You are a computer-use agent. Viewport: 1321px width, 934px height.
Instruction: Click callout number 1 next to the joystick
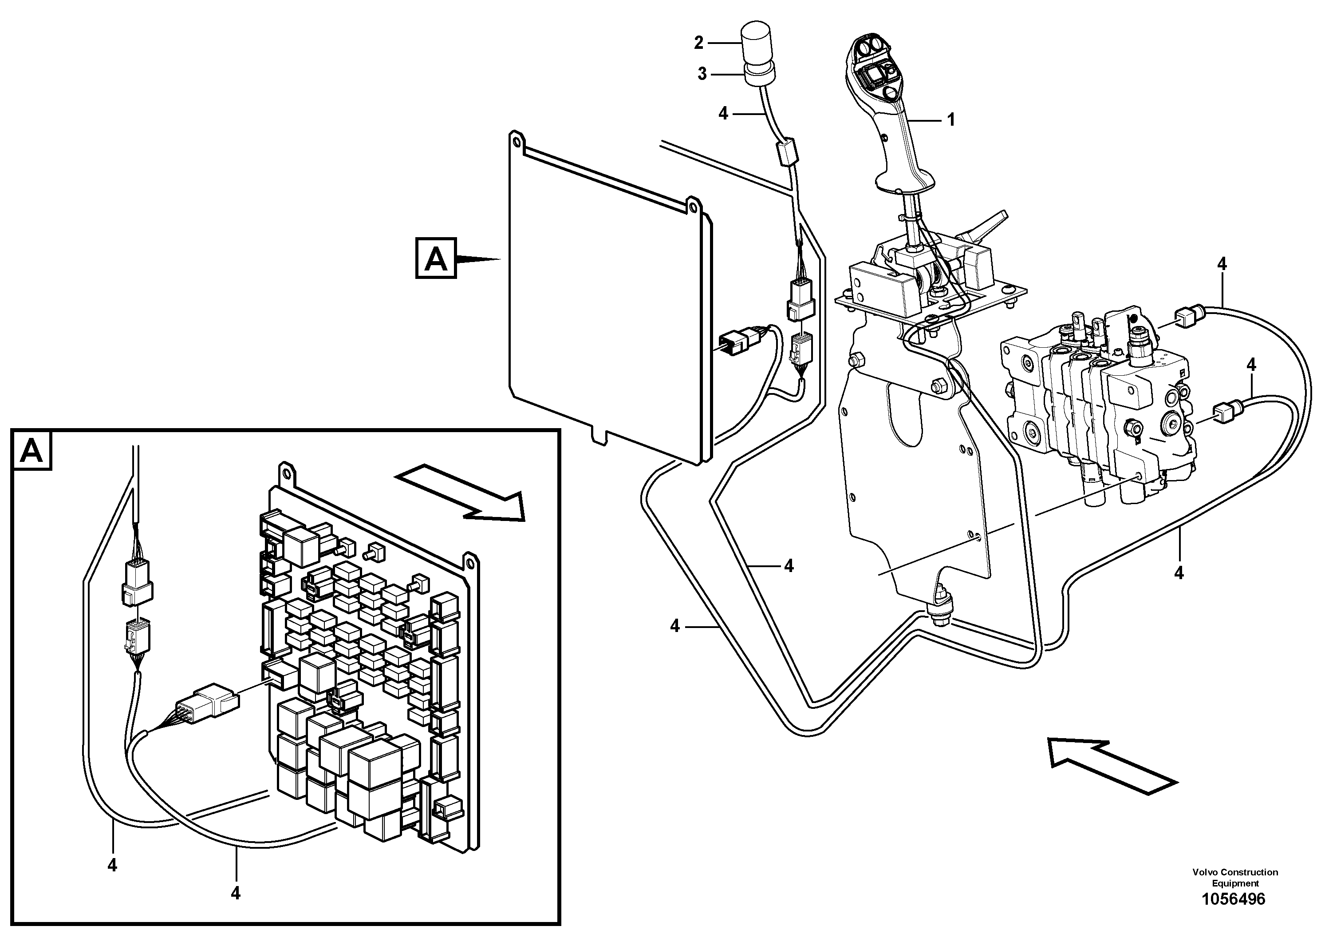pyautogui.click(x=950, y=120)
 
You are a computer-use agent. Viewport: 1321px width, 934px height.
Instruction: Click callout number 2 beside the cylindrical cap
pyautogui.click(x=699, y=43)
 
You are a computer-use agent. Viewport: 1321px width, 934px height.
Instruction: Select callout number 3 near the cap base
pyautogui.click(x=702, y=74)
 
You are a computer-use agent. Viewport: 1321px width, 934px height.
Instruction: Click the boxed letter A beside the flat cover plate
pyautogui.click(x=436, y=258)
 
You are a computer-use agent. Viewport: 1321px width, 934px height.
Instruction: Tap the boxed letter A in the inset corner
pyautogui.click(x=31, y=451)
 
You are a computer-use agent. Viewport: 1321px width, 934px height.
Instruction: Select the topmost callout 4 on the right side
pyautogui.click(x=1222, y=264)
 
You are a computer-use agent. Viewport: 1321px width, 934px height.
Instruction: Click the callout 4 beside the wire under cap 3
pyautogui.click(x=723, y=113)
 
